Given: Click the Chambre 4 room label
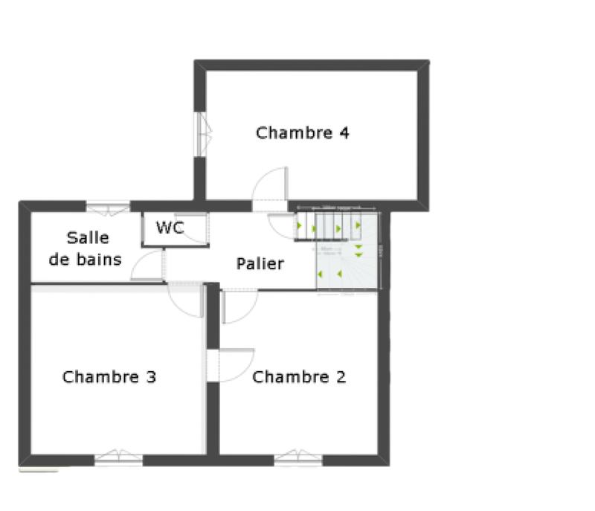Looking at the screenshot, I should (302, 133).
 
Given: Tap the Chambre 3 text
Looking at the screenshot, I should (109, 377).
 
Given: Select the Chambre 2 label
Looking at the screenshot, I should (299, 377).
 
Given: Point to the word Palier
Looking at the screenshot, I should (260, 263).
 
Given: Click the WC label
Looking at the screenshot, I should (170, 228).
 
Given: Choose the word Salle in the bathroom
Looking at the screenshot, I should (88, 238).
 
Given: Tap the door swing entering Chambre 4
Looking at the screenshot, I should (269, 186).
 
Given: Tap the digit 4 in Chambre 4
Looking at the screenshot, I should (344, 133).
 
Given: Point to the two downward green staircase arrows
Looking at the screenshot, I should (358, 251).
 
